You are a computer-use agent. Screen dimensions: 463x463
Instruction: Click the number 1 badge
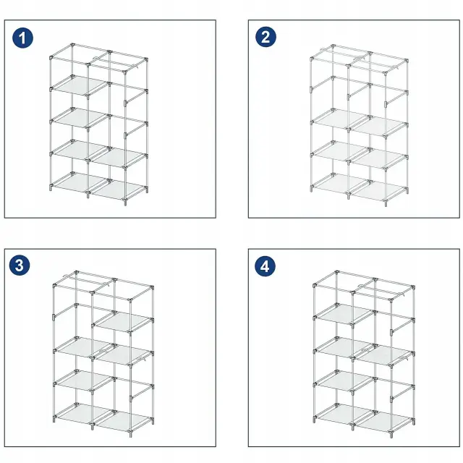pos(22,38)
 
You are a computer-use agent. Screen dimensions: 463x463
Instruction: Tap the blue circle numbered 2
pos(266,37)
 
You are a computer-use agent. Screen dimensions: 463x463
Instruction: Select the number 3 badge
pos(20,266)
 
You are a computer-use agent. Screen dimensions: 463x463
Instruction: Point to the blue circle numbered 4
pos(266,266)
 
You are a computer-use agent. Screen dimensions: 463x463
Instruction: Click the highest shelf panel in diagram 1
pos(80,86)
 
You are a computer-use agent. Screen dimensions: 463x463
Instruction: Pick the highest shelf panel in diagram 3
pos(124,322)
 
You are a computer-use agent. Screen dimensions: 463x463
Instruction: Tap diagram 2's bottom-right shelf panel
pos(378,190)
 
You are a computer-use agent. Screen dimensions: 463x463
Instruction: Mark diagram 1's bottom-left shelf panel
pos(80,183)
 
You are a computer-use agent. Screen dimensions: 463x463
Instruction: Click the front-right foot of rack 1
pos(125,203)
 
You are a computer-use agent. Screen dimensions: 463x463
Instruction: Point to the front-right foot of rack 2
pos(386,203)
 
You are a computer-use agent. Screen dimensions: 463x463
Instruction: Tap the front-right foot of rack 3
pos(131,434)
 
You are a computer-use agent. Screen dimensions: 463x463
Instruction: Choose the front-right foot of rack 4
pos(391,435)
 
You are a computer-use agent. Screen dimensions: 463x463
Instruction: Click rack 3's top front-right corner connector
pos(130,301)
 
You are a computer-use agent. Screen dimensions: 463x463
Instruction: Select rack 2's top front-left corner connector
pos(312,59)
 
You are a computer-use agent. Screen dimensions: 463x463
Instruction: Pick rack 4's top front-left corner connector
pos(315,285)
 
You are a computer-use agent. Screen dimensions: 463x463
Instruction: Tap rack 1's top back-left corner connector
pos(72,45)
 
